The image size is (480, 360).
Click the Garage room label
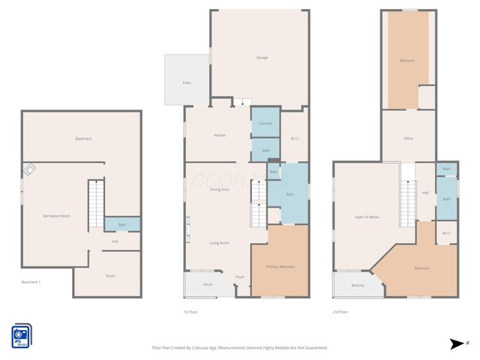[262, 58]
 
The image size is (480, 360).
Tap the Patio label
[186, 82]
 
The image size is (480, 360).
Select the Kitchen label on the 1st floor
[219, 135]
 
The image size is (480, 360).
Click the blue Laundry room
[265, 123]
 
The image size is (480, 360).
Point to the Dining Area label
[219, 190]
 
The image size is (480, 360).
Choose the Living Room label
[219, 243]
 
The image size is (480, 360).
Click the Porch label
[208, 284]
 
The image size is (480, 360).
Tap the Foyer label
[240, 277]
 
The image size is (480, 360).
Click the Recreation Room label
[56, 216]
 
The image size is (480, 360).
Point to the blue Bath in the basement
[121, 224]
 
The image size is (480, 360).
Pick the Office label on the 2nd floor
[408, 139]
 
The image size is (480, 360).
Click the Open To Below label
[367, 217]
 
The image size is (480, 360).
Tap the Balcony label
[358, 285]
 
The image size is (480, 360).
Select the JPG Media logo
[21, 335]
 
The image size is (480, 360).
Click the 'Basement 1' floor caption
[31, 282]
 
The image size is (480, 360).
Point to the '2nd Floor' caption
[340, 311]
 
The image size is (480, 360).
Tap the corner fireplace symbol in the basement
[28, 170]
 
